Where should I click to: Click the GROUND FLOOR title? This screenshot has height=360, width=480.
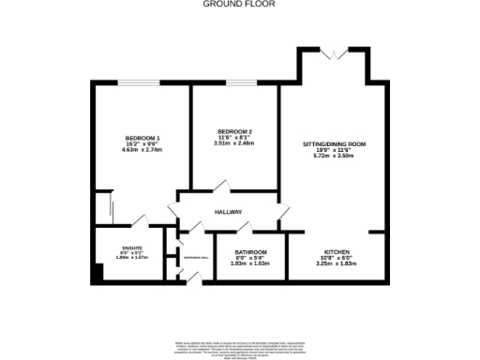click(x=240, y=4)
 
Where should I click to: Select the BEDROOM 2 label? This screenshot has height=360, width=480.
click(x=233, y=130)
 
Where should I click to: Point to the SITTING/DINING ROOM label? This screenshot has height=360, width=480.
click(x=333, y=144)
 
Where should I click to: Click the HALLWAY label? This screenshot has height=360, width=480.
click(x=229, y=212)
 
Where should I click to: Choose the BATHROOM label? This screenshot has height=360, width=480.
click(x=250, y=252)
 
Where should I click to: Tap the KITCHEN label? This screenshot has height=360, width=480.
click(x=337, y=252)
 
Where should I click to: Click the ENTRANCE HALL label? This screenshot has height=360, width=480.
click(x=195, y=257)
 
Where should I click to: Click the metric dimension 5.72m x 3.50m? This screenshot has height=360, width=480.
click(x=333, y=157)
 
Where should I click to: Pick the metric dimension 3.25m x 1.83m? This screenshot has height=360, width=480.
click(x=337, y=263)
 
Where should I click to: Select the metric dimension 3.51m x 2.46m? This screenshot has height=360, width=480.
click(x=233, y=143)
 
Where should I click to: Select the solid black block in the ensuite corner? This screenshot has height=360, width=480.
click(x=97, y=275)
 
